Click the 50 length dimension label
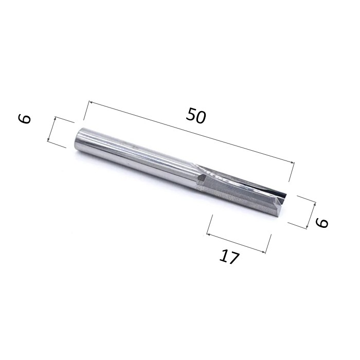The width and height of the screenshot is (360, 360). click(196, 116)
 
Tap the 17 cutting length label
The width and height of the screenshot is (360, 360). click(229, 257)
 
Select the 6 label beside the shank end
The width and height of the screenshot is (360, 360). click(24, 119)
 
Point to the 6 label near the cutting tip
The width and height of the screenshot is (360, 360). click(322, 223)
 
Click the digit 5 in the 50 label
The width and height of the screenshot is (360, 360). click(191, 114)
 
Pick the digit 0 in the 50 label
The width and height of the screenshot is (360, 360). click(201, 117)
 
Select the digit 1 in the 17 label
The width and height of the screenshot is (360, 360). click(224, 255)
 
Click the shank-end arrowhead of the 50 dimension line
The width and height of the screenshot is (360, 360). click(91, 102)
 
